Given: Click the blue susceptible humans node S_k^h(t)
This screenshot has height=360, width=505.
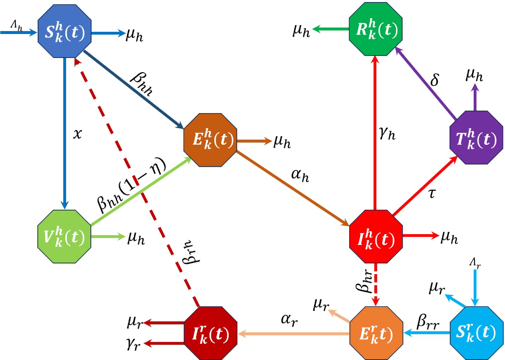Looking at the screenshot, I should click(x=64, y=31).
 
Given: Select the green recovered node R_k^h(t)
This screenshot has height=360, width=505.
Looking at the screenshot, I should click(x=375, y=29).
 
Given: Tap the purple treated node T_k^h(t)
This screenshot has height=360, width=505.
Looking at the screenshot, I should click(x=476, y=138).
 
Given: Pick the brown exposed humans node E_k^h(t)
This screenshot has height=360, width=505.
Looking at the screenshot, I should click(x=210, y=140).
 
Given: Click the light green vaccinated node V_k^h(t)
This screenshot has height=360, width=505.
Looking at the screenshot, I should click(x=64, y=237).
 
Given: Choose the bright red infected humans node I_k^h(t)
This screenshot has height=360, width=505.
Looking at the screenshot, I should click(x=376, y=237).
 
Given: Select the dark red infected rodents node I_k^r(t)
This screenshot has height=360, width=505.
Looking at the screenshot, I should click(x=210, y=333).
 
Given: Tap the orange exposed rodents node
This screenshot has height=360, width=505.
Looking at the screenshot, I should click(x=376, y=333).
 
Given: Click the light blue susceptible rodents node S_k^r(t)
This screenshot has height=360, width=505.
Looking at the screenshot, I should click(x=476, y=333).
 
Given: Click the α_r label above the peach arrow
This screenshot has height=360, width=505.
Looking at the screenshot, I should click(x=289, y=320).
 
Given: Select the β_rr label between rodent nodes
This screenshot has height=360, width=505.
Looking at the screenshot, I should click(x=428, y=322).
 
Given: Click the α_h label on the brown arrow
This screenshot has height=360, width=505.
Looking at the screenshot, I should click(x=300, y=175).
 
